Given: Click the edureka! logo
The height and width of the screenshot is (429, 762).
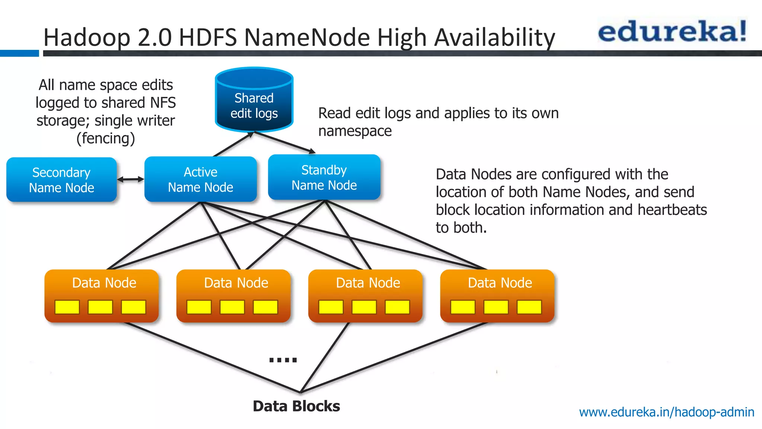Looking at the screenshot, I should coord(672,31).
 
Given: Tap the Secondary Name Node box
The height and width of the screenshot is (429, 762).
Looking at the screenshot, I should coord(62,180).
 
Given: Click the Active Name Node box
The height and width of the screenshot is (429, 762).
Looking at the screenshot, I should coord(201,179).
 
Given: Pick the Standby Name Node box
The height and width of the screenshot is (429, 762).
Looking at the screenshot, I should coord(324,178).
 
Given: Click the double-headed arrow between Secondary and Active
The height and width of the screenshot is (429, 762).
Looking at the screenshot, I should coord(131,179).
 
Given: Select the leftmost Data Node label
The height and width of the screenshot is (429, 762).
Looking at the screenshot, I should coord(104,283).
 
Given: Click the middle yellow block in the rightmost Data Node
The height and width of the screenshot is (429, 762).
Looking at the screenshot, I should coord(496,307).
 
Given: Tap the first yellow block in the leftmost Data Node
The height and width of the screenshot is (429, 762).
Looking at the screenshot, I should coord(67,307).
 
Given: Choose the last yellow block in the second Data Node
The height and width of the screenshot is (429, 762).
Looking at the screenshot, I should coord(265,307).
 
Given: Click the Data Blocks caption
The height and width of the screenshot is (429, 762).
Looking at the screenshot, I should coord(296,406).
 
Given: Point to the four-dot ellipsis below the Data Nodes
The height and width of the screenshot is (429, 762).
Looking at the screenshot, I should coord(283,360).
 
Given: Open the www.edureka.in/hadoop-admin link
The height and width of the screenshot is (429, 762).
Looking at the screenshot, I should coord(666,412).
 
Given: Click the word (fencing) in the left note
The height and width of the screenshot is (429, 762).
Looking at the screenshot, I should coord(106,139).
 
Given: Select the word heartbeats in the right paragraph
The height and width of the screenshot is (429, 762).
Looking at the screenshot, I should coord(672,210).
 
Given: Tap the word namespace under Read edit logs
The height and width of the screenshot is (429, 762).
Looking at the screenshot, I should coord(355,131).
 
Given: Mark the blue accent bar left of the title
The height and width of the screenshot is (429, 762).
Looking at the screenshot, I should coord(19,54).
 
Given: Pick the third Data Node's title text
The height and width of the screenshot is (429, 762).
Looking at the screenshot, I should coord(368,283).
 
